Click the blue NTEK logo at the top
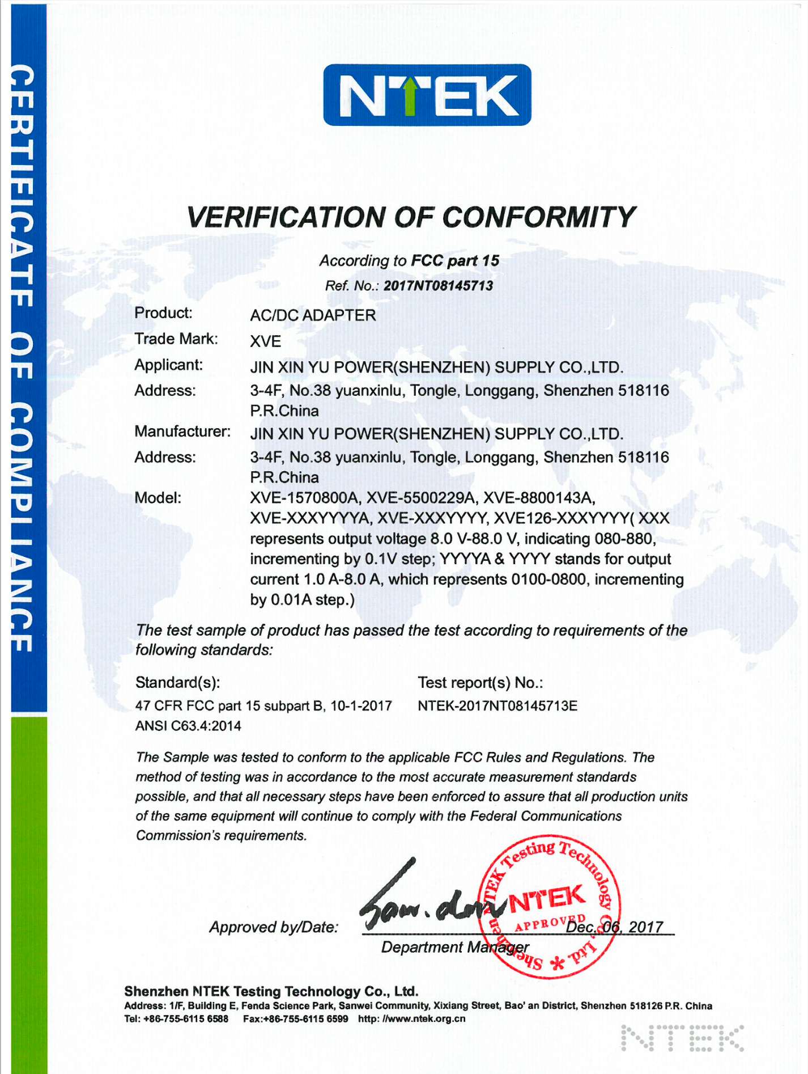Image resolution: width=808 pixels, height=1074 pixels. [x=427, y=95]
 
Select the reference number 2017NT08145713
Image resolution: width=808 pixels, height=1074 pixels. [x=438, y=285]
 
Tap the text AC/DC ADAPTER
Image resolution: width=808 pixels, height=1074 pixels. [x=313, y=315]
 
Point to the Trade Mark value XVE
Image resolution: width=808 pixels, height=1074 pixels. [x=265, y=341]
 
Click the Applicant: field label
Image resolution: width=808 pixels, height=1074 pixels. [x=168, y=365]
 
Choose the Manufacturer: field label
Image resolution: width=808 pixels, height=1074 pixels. [x=182, y=432]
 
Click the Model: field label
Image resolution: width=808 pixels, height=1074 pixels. [x=158, y=498]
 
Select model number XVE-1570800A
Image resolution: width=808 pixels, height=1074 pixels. [x=305, y=498]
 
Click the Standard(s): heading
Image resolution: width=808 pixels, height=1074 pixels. [x=177, y=682]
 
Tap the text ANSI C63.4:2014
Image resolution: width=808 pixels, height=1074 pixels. [x=188, y=726]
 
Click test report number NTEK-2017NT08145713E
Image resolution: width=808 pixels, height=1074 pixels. [x=497, y=706]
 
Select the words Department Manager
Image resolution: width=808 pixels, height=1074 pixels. [x=454, y=947]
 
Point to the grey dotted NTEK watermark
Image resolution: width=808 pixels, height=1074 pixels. [x=682, y=1037]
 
